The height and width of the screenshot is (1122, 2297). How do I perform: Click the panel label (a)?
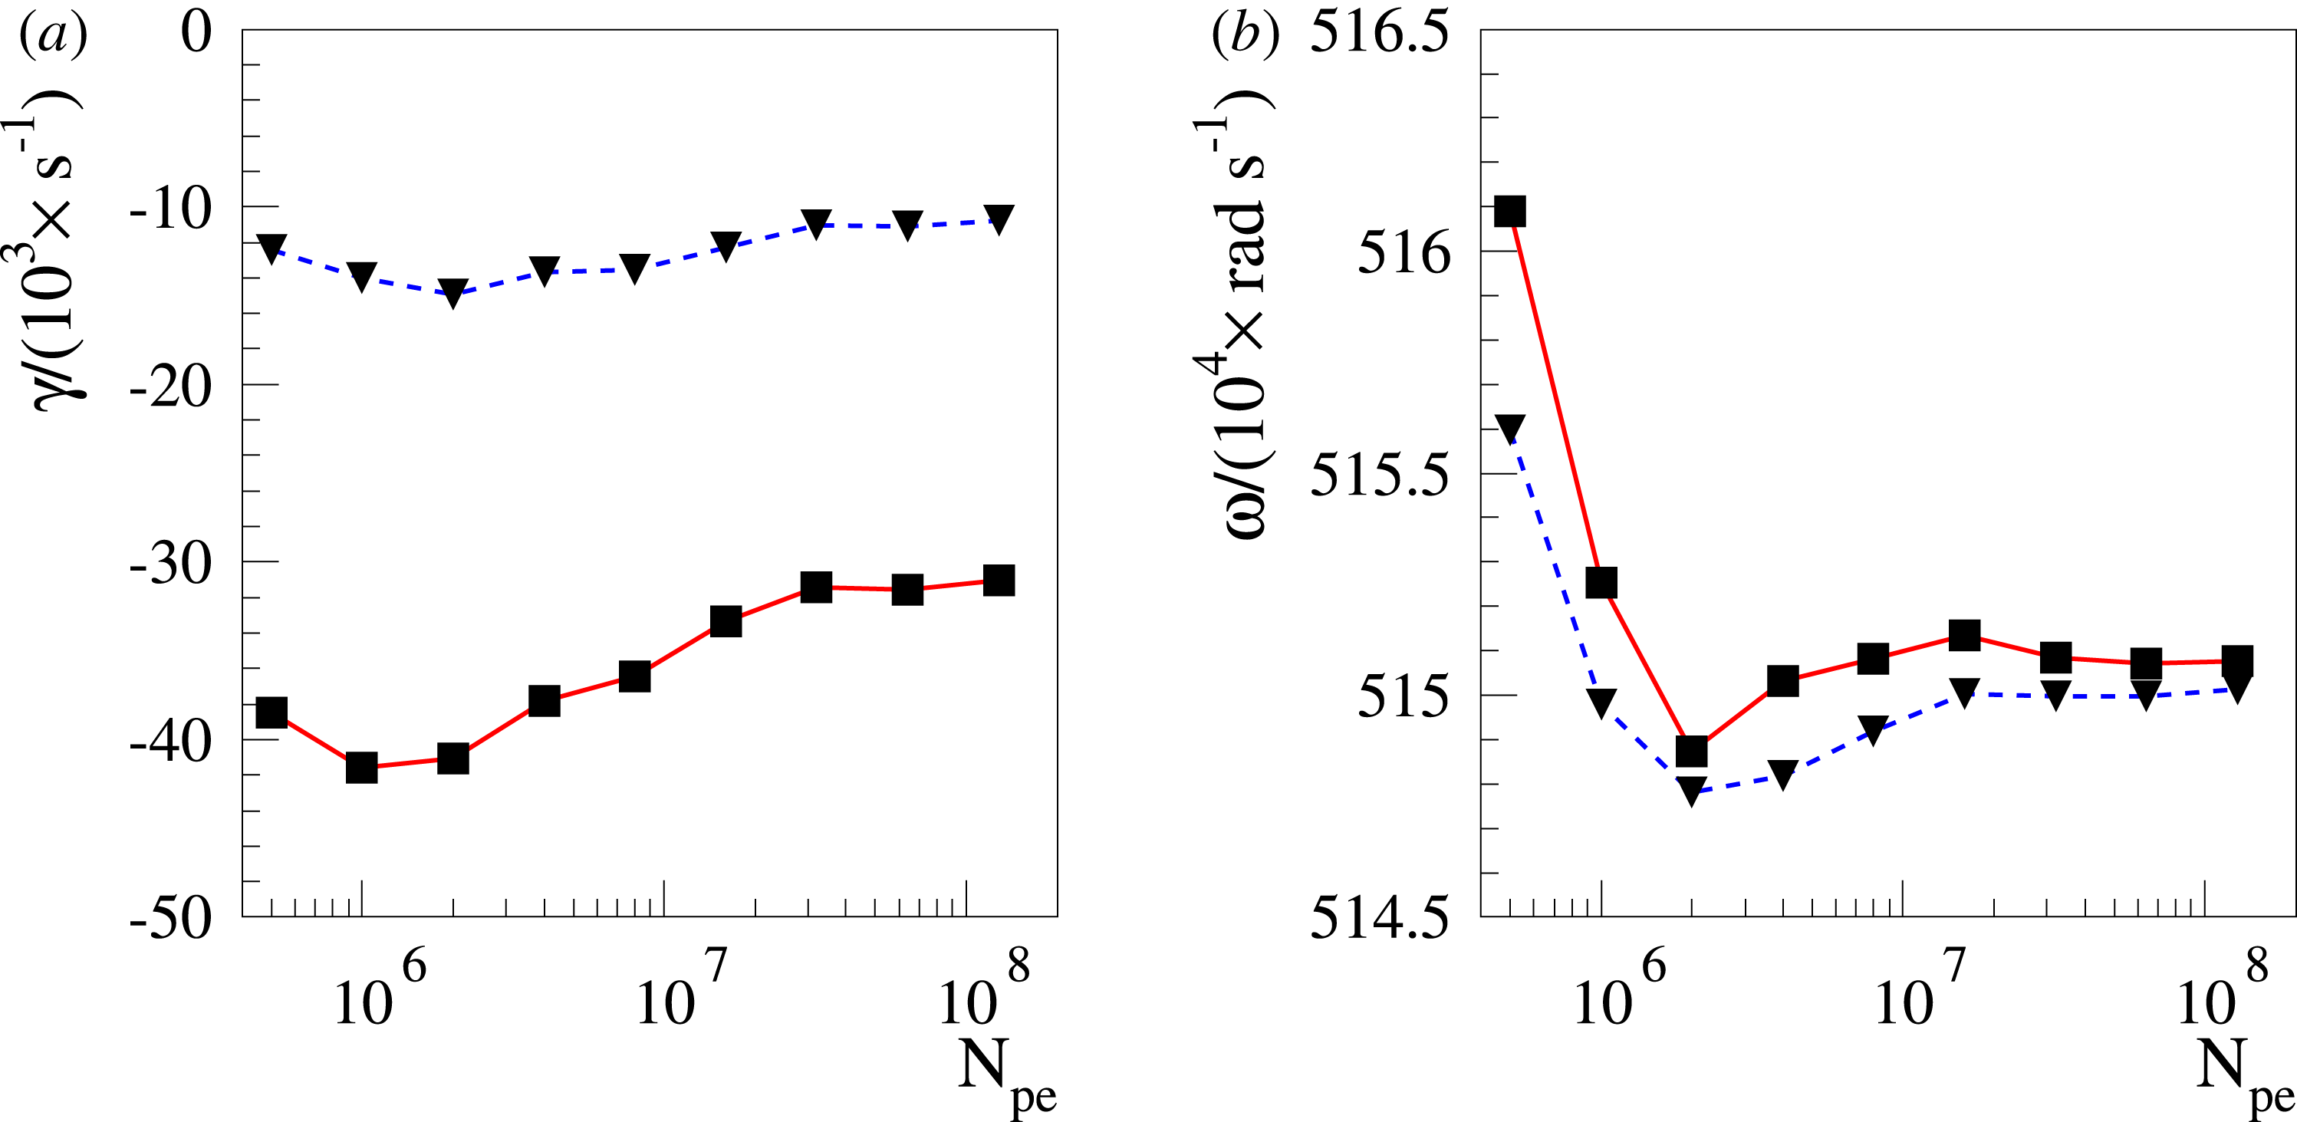point(54,36)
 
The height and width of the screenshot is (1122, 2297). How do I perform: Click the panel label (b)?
point(1246,36)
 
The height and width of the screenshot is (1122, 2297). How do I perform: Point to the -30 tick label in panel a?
point(171,564)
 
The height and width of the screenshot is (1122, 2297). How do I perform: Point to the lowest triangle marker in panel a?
point(453,292)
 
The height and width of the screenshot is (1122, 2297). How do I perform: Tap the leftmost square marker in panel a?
point(271,712)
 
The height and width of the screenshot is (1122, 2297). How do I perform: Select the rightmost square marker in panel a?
point(999,580)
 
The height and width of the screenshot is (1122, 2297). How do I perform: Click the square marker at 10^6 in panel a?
point(361,767)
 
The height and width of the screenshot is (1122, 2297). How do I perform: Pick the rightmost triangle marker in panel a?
point(999,219)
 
